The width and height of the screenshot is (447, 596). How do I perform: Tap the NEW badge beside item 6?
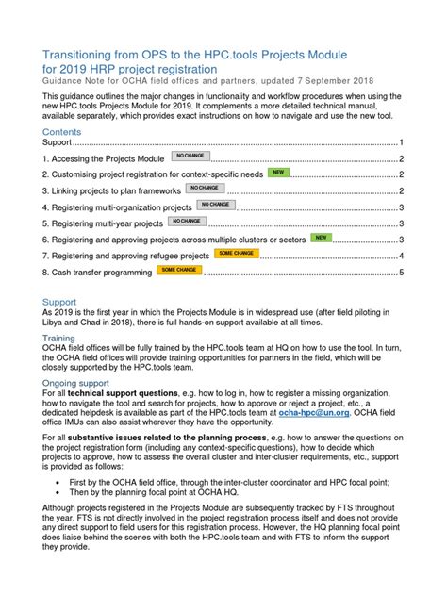click(x=322, y=239)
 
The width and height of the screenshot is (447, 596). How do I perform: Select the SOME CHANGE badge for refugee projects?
click(x=235, y=255)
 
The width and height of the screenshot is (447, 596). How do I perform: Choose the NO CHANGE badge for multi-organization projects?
click(x=214, y=205)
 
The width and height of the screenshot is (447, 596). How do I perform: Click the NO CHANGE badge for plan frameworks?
click(x=205, y=189)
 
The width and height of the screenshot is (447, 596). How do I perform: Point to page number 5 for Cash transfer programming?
click(x=402, y=273)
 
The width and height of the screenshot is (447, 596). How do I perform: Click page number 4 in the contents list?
click(x=402, y=257)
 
